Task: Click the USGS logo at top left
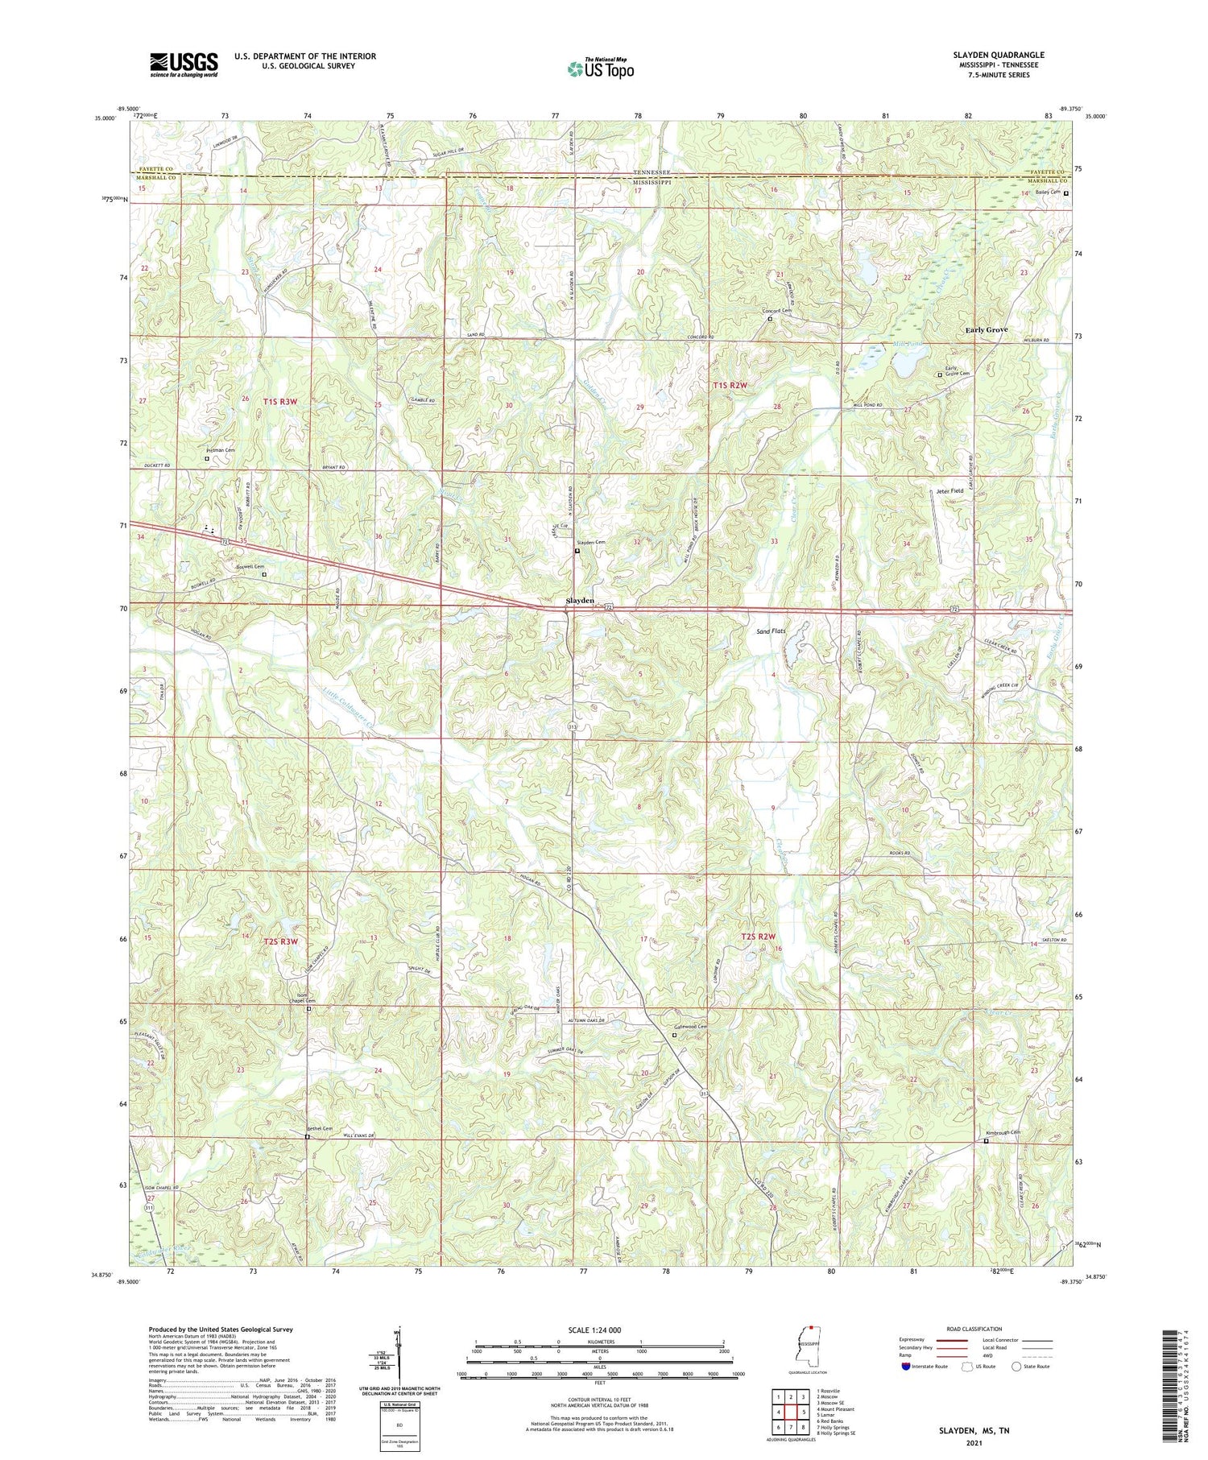184,64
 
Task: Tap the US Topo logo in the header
599,69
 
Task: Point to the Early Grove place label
987,330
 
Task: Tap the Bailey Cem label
1045,194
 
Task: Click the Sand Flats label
771,631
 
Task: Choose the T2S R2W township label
759,937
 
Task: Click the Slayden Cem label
594,543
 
